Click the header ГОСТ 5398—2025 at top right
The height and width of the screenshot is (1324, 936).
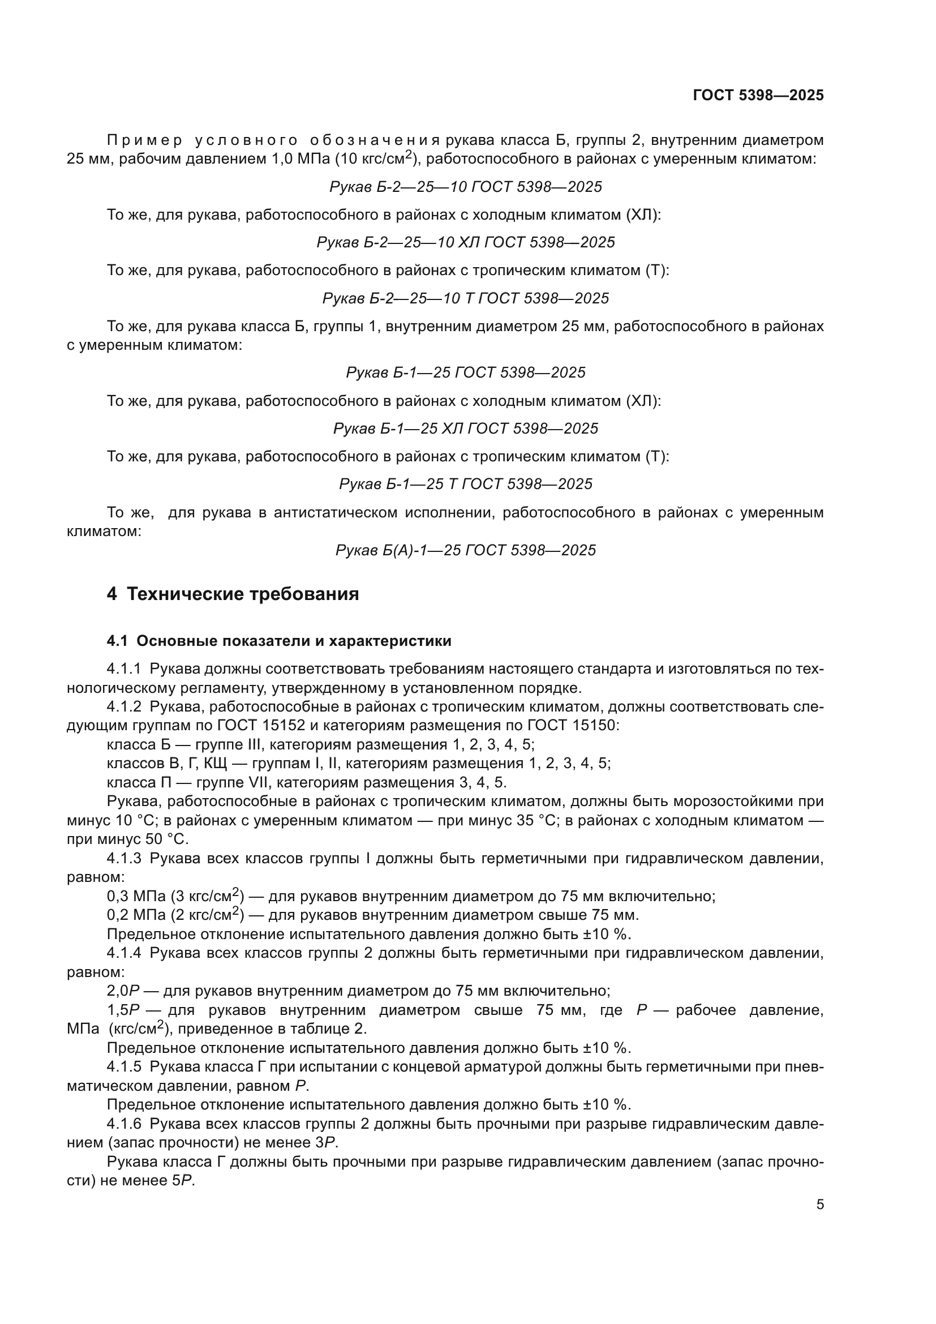758,95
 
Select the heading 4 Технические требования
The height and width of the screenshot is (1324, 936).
233,594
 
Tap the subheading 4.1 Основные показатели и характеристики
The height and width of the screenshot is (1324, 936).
279,641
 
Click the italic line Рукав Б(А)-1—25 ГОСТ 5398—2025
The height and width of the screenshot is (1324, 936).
466,550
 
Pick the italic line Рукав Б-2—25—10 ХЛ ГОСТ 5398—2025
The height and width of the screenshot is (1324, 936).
466,242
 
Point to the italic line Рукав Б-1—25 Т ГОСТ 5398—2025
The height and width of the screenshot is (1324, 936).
466,484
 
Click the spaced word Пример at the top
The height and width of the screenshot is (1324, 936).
145,140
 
